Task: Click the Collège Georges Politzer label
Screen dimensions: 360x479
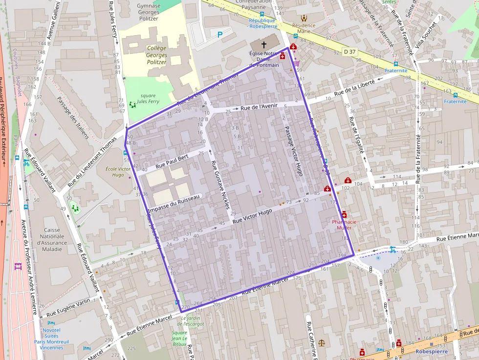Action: pos(156,55)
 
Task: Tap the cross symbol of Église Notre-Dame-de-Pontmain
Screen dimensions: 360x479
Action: pos(264,44)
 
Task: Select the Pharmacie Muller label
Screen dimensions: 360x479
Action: pos(344,224)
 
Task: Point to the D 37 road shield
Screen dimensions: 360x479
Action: pos(350,51)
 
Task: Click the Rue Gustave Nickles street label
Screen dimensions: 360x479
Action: pos(219,185)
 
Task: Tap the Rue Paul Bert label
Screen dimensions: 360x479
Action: pos(172,162)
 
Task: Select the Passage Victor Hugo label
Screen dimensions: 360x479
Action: pos(294,148)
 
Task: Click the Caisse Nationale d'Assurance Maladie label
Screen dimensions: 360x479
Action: pos(52,239)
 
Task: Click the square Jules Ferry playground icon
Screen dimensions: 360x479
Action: pos(132,104)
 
